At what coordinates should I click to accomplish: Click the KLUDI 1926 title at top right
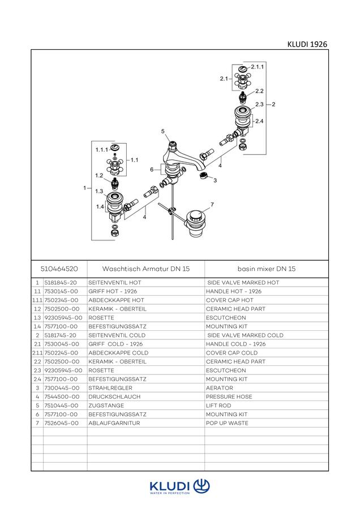click(x=307, y=44)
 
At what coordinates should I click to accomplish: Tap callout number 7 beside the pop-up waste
click(x=212, y=205)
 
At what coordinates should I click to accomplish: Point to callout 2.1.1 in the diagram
click(x=258, y=67)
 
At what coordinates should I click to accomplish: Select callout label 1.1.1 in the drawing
click(x=102, y=150)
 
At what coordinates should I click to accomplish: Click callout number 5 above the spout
click(x=163, y=131)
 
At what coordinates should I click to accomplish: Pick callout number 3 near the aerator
click(x=215, y=180)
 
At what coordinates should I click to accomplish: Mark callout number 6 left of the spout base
click(x=152, y=170)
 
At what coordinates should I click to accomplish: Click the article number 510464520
click(x=59, y=269)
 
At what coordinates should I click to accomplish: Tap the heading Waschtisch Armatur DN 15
click(x=146, y=269)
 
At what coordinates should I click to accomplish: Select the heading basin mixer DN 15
click(x=267, y=269)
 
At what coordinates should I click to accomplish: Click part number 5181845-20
click(x=61, y=283)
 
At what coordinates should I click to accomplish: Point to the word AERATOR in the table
click(x=219, y=388)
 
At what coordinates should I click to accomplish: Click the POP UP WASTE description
click(x=227, y=423)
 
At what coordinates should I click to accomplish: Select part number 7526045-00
click(x=61, y=423)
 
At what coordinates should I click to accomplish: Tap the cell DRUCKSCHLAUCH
click(x=114, y=396)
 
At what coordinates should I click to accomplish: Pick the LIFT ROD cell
click(x=218, y=406)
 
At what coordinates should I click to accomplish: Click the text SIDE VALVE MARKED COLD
click(x=245, y=335)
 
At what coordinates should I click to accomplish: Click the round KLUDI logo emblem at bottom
click(x=202, y=486)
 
